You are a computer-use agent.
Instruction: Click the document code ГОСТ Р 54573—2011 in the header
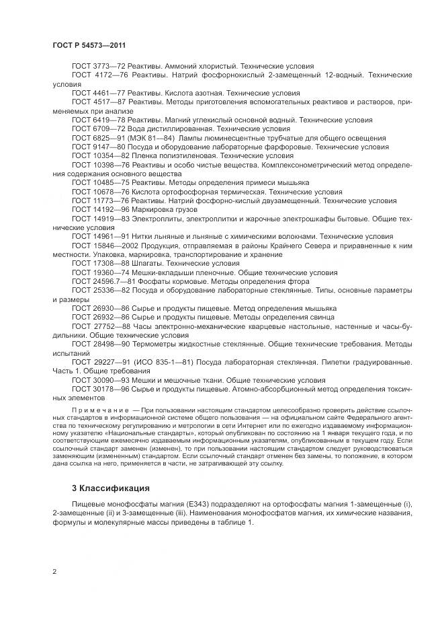coord(89,45)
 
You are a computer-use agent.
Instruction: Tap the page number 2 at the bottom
coord(54,572)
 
